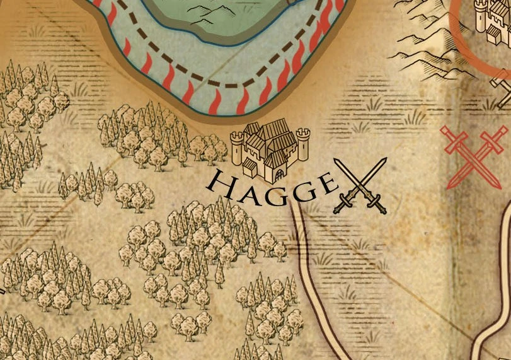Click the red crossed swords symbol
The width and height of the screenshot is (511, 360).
click(473, 156)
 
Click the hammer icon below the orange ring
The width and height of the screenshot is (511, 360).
click(504, 95)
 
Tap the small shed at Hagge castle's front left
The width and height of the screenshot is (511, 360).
click(250, 167)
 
